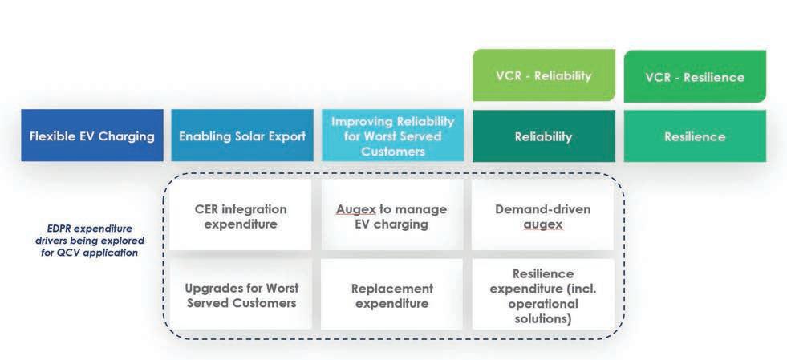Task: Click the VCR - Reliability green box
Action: [543, 75]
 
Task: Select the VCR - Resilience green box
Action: [695, 77]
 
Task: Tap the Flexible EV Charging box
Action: [92, 136]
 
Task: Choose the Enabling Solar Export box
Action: [242, 136]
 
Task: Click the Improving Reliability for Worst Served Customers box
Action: [393, 136]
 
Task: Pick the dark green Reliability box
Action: [543, 136]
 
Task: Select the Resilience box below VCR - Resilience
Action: [695, 136]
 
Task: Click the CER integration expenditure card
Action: [241, 216]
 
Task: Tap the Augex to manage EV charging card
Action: [391, 216]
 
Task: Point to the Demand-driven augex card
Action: [543, 216]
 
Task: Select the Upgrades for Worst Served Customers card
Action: [241, 295]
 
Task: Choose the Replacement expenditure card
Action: [391, 295]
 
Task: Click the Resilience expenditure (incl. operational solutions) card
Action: [543, 295]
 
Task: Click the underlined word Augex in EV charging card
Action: [356, 209]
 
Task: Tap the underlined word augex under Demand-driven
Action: [543, 224]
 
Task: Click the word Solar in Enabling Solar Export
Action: [247, 136]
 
